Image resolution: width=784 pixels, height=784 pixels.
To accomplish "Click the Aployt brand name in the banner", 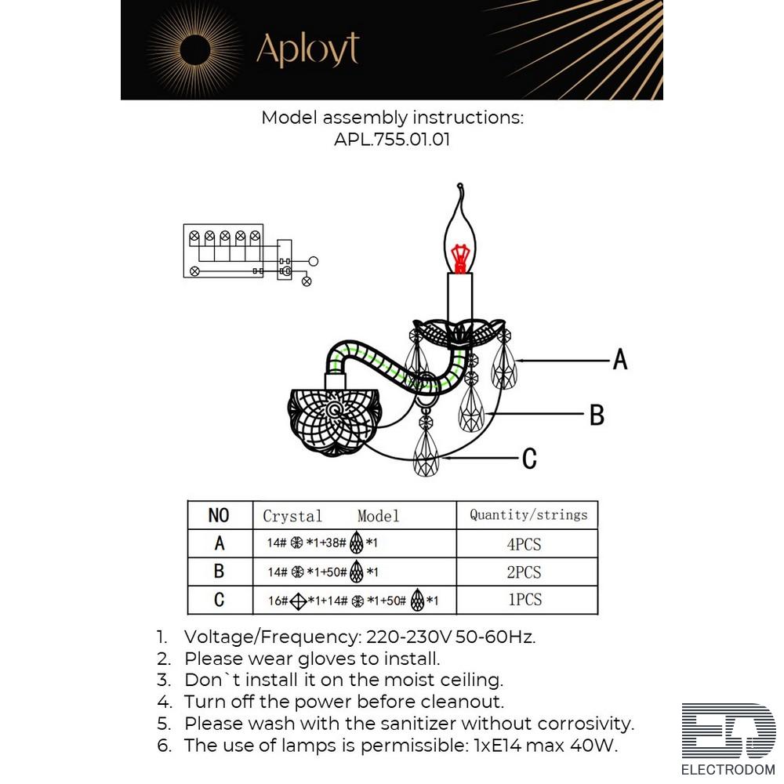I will (307, 50).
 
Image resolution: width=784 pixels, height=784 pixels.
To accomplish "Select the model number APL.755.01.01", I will (392, 140).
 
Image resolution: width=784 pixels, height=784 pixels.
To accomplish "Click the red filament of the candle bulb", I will (460, 256).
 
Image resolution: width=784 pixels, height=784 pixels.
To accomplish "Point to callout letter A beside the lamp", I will (619, 360).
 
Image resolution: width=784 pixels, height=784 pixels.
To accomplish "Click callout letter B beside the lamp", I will (597, 415).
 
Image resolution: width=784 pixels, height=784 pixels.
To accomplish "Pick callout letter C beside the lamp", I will (529, 459).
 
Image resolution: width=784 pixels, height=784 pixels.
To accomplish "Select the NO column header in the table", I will (219, 515).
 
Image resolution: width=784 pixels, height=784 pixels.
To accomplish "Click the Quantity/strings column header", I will (528, 515).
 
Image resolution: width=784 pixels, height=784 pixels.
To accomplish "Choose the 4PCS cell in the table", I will (524, 544).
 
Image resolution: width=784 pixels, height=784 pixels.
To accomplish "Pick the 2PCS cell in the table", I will (524, 572).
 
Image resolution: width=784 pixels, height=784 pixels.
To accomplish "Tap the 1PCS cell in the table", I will (524, 600).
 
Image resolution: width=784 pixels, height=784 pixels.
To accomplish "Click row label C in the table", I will (219, 601).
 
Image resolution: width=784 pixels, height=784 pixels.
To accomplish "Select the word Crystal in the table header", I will (292, 516).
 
